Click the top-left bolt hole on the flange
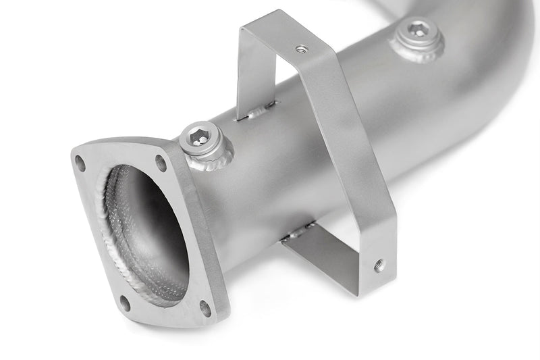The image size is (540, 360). (80, 162)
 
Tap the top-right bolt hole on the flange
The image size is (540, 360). (161, 161)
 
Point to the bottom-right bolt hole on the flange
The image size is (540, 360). (205, 308)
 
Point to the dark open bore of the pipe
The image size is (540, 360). (145, 230)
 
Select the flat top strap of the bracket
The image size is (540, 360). (283, 34)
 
